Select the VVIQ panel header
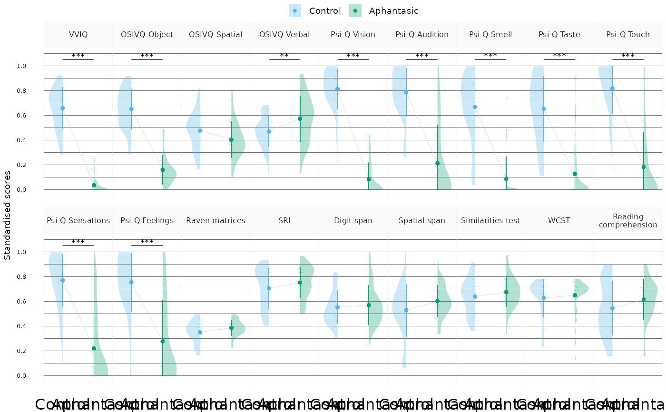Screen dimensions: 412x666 pos(78,34)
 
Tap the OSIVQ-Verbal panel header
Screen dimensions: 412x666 pos(284,34)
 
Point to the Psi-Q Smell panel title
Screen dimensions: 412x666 pos(490,34)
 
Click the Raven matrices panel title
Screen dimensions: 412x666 pos(215,220)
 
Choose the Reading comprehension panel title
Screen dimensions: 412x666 pos(628,220)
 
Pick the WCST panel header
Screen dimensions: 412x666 pos(559,220)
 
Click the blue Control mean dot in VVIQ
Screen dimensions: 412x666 pos(62,108)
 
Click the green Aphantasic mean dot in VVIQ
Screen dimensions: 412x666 pos(94,185)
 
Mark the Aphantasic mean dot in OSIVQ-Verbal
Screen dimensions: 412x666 pos(300,118)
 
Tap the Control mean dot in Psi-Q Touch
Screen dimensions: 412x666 pos(612,88)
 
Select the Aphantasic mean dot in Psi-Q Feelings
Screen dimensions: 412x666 pos(163,341)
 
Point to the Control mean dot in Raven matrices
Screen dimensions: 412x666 pos(200,332)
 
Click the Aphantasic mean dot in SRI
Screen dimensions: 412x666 pos(300,283)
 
